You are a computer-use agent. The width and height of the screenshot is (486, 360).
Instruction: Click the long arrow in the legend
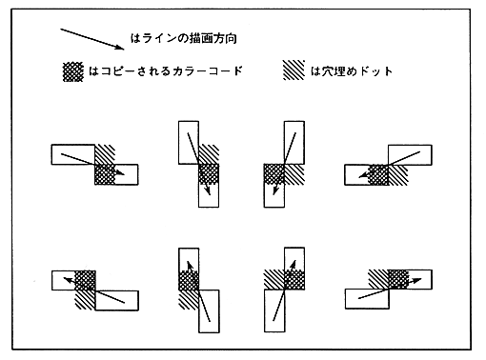tap(92, 39)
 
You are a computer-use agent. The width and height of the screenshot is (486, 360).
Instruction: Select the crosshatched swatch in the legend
tap(73, 71)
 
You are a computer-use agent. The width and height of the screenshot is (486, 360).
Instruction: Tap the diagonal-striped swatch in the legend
tap(294, 70)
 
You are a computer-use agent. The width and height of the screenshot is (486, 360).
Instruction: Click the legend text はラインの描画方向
tap(184, 38)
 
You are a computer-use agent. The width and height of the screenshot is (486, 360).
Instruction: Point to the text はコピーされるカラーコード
tap(166, 70)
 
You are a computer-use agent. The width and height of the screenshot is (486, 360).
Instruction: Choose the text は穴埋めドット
tap(352, 70)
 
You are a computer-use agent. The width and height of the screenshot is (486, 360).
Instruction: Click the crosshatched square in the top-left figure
tap(105, 174)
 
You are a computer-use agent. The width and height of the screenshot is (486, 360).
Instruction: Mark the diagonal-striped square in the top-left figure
tap(105, 154)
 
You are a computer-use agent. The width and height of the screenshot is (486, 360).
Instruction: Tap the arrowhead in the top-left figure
tap(121, 173)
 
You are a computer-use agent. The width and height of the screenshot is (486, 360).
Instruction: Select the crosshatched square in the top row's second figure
tap(209, 174)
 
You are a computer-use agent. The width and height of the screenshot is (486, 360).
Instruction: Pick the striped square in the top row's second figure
tap(209, 154)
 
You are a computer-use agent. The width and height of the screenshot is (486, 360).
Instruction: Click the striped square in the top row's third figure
tap(294, 174)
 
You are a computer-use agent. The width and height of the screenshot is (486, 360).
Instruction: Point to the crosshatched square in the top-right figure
tap(378, 174)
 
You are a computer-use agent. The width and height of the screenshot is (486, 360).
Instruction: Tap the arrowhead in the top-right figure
tap(363, 174)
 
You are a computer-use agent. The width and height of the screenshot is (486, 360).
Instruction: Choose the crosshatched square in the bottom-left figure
tap(85, 280)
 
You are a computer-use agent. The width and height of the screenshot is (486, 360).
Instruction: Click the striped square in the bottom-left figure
tap(85, 300)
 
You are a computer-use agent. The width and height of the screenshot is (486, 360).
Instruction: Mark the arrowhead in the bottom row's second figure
tap(190, 266)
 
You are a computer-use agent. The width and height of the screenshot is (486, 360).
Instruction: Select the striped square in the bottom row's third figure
tap(274, 280)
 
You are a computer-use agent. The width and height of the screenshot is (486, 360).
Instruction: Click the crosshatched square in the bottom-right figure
tap(398, 279)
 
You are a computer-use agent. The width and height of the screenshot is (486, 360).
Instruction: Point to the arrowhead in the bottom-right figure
tap(416, 281)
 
